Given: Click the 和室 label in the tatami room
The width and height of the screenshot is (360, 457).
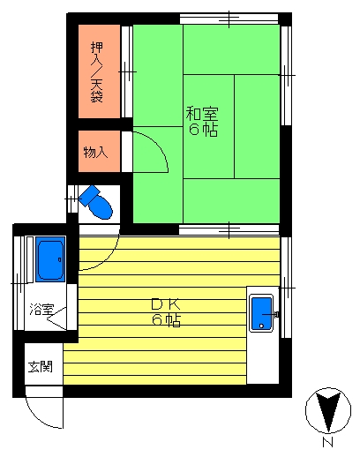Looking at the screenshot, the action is (202, 114).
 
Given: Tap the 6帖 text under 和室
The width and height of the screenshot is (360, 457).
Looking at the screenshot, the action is (203, 130).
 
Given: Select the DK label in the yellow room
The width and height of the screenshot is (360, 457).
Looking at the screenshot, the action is (166, 304).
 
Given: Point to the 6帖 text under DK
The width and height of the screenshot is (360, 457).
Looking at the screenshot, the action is (166, 320).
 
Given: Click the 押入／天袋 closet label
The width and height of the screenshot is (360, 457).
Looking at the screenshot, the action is (97, 72).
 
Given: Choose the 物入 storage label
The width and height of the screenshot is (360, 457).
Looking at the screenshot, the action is (95, 153).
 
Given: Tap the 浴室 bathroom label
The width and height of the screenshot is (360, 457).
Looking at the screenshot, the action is (41, 309).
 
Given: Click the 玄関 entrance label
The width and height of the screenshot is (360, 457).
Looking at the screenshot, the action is (41, 367).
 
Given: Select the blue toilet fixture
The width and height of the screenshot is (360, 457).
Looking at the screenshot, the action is (96, 202).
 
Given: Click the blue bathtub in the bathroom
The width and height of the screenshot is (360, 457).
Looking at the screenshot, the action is (50, 259).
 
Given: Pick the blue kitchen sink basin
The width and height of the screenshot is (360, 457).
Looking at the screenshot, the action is (261, 313).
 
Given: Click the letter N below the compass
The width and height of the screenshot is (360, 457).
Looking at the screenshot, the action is (327, 442).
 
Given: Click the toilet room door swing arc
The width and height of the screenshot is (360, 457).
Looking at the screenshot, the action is (109, 258).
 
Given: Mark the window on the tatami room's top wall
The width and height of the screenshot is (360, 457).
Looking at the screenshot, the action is (229, 19).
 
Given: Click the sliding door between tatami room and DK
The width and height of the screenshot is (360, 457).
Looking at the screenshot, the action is (229, 230).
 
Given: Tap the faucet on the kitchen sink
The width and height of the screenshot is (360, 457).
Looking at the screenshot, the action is (271, 315).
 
